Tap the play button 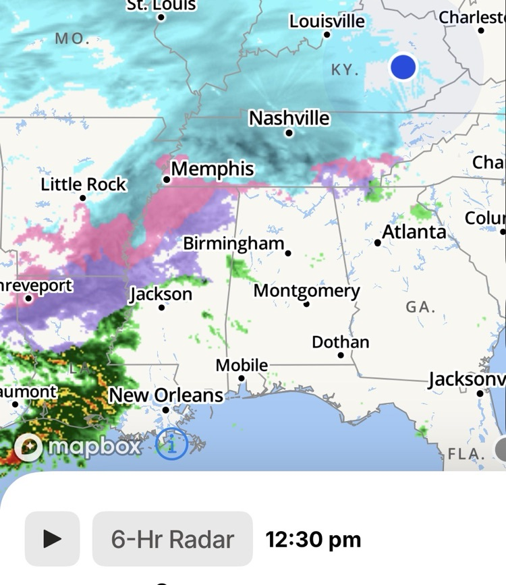tap(52, 538)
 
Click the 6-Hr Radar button tap(172, 538)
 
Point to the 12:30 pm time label tap(313, 539)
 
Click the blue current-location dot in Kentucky tap(403, 67)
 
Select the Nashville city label tap(289, 119)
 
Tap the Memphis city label tap(213, 169)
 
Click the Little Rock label tap(84, 184)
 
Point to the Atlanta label tap(414, 232)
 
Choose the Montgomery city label tap(306, 291)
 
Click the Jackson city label tap(161, 295)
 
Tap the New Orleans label tap(166, 395)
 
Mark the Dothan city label tap(340, 342)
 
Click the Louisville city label tap(327, 22)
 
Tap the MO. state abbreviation tap(72, 38)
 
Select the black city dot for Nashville tap(289, 133)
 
